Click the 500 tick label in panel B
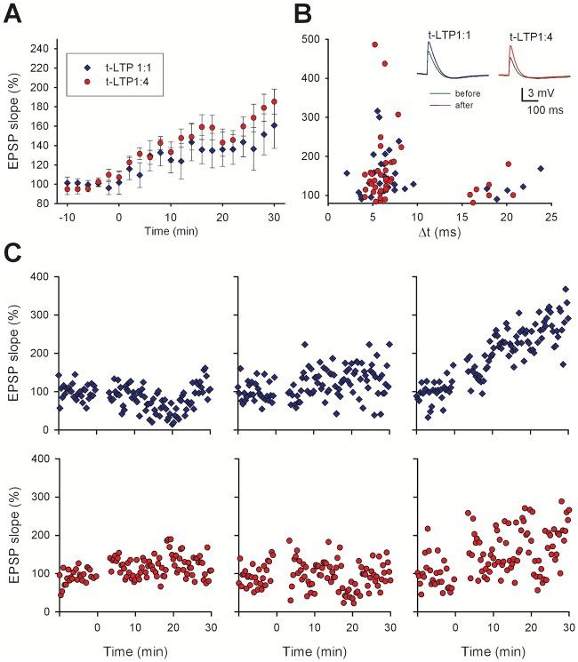click(310, 39)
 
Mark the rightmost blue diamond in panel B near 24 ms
click(540, 168)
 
